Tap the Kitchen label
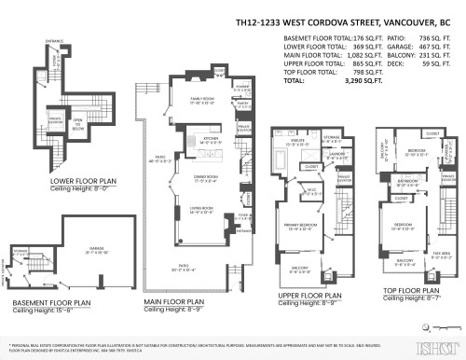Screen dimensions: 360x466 point(210,139)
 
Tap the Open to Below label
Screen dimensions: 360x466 point(78,121)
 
